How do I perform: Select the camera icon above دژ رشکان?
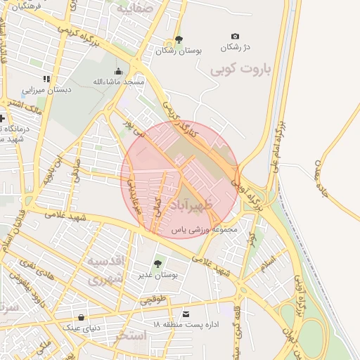(x=235, y=37)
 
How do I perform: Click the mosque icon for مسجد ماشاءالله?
(x=118, y=71)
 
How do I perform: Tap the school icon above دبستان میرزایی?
(x=46, y=79)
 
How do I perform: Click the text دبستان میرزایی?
(x=44, y=90)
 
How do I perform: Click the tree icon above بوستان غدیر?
(x=157, y=264)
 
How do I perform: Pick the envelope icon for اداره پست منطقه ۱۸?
(x=186, y=314)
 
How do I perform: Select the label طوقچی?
(x=154, y=301)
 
